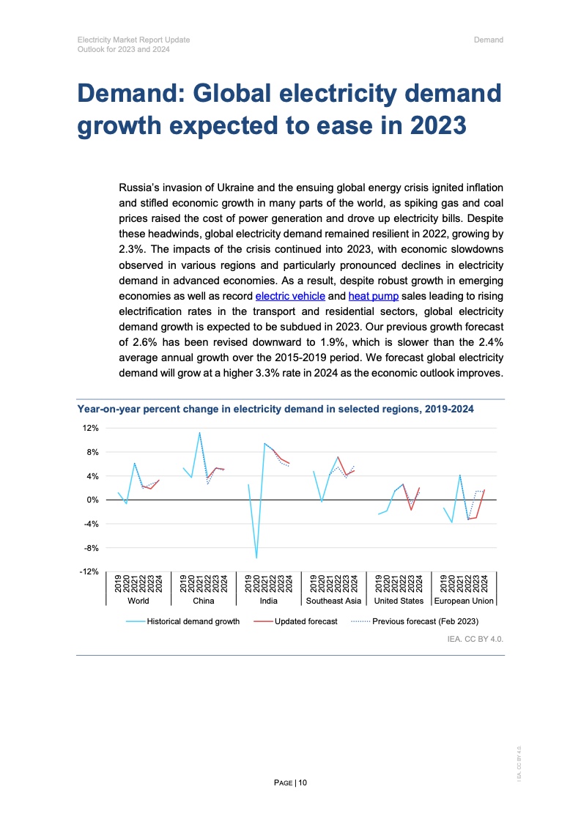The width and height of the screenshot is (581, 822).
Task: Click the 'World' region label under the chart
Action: [x=138, y=601]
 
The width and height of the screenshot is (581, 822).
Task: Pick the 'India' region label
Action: [x=269, y=601]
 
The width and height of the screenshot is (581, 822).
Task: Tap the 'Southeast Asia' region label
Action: [x=333, y=601]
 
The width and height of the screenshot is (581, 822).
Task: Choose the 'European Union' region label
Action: [x=465, y=601]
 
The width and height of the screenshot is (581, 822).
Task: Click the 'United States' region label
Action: [x=399, y=601]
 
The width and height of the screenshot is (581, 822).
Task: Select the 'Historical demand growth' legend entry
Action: [x=193, y=621]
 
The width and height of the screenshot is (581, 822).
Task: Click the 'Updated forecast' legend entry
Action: [x=306, y=621]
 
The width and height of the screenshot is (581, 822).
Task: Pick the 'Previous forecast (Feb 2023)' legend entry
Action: [x=425, y=621]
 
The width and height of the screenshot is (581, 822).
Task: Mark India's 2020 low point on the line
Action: [x=256, y=558]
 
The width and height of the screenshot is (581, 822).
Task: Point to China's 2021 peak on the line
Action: [x=199, y=432]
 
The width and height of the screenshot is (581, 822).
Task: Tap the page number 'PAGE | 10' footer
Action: [x=290, y=783]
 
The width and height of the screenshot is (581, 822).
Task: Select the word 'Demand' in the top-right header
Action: [x=489, y=40]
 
